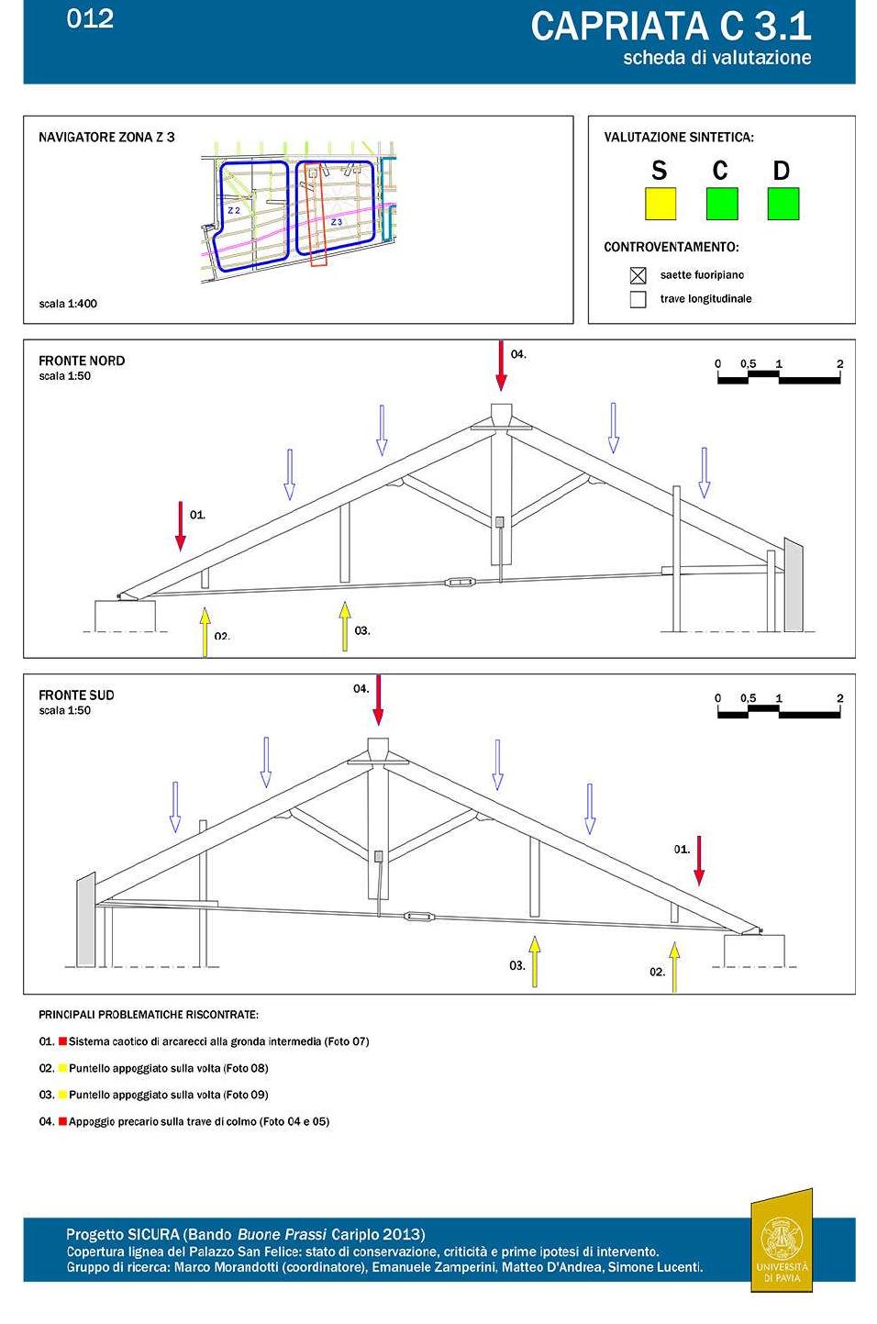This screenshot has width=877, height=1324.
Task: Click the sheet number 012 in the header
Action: [90, 18]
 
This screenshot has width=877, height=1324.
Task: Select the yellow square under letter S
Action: [660, 204]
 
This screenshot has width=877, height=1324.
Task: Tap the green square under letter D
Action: [783, 204]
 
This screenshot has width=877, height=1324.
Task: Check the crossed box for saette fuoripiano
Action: [638, 275]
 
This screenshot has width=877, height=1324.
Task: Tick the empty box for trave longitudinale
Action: [638, 299]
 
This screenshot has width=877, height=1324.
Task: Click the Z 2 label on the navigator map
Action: [234, 210]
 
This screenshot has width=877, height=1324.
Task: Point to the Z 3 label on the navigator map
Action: [337, 222]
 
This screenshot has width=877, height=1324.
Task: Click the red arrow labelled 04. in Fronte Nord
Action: [501, 366]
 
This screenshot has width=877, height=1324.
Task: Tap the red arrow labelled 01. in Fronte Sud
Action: [699, 861]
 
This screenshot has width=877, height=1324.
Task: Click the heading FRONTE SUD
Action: [76, 695]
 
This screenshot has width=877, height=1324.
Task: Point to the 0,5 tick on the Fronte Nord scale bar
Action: [749, 364]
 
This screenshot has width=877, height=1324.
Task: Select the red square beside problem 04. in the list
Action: [63, 1121]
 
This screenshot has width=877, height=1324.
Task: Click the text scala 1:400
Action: [68, 304]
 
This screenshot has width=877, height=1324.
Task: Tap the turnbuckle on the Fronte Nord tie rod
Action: [460, 581]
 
